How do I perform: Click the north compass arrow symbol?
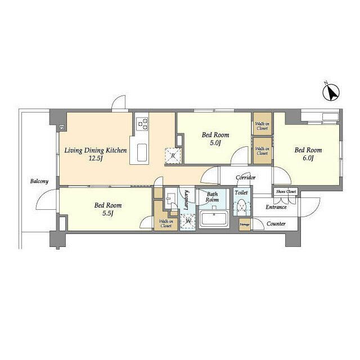pyautogui.click(x=331, y=93)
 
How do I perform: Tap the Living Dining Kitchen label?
pyautogui.click(x=96, y=150)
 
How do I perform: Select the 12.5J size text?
pyautogui.click(x=96, y=159)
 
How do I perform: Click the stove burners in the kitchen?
pyautogui.click(x=142, y=124)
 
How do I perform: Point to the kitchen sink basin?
pyautogui.click(x=142, y=152)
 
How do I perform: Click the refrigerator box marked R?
pyautogui.click(x=173, y=156)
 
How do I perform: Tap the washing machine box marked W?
pyautogui.click(x=188, y=222)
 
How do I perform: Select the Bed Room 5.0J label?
pyautogui.click(x=215, y=139)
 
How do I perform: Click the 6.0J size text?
pyautogui.click(x=308, y=158)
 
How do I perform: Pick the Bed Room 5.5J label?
pyautogui.click(x=108, y=209)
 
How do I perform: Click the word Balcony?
pyautogui.click(x=39, y=181)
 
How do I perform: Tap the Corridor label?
pyautogui.click(x=246, y=178)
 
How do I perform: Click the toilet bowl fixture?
pyautogui.click(x=241, y=205)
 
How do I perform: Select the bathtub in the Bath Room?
pyautogui.click(x=214, y=219)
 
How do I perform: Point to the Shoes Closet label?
pyautogui.click(x=286, y=191)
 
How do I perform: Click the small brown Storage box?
pyautogui.click(x=245, y=224)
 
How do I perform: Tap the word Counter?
pyautogui.click(x=276, y=223)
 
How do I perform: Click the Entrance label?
pyautogui.click(x=276, y=207)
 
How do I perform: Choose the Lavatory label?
pyautogui.click(x=186, y=200)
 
